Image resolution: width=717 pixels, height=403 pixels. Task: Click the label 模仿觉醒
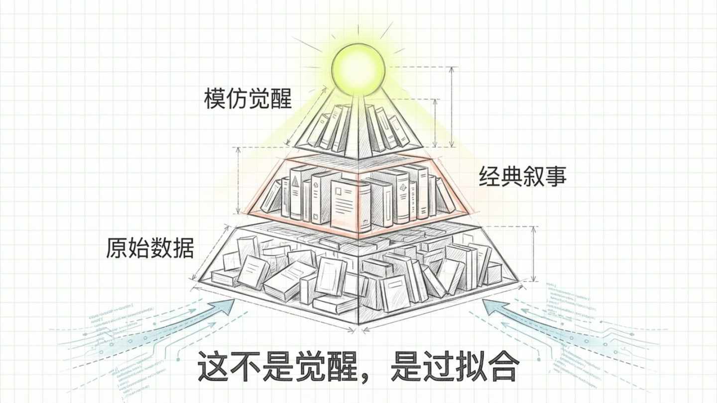[247, 98]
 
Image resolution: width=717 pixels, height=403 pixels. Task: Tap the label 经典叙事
[523, 177]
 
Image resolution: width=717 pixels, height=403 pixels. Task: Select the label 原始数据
[149, 247]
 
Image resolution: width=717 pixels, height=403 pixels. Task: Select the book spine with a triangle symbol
[295, 192]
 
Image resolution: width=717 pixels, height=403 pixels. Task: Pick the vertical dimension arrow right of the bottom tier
[534, 254]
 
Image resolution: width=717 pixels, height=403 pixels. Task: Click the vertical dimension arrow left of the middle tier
[239, 180]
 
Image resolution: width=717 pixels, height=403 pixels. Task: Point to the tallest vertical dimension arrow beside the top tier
[452, 107]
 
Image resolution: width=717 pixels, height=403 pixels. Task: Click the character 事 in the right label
[556, 177]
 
